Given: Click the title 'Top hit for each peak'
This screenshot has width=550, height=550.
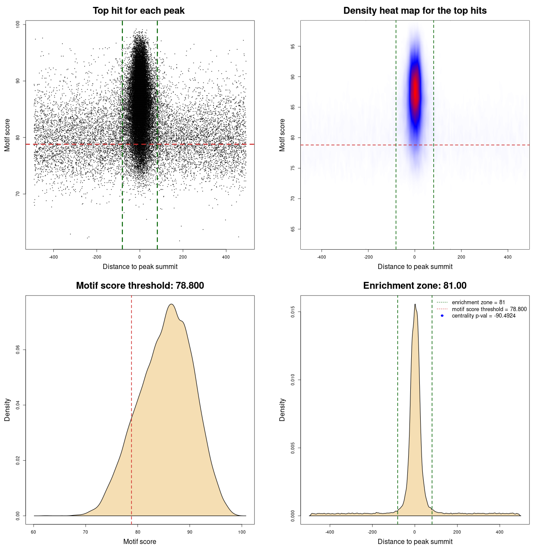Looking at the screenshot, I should click(x=138, y=11).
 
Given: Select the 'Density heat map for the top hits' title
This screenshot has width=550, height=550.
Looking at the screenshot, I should click(x=415, y=11).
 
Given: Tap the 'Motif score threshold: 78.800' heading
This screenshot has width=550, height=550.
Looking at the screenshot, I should click(x=140, y=286).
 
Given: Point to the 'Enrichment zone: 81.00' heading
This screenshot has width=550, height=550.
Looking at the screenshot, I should click(x=415, y=286).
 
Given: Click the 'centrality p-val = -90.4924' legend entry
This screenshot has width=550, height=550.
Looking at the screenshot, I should click(x=483, y=316).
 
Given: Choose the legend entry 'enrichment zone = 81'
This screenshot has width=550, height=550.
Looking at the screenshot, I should click(x=478, y=302).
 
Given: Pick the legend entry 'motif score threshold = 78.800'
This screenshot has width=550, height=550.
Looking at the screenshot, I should click(x=489, y=309).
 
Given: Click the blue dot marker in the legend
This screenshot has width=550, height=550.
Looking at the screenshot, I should click(x=442, y=316).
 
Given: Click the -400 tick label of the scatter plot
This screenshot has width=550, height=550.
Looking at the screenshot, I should click(x=53, y=257).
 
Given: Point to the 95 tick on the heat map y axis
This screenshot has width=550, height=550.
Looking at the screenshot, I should click(x=293, y=46).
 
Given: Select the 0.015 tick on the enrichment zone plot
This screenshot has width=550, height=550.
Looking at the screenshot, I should click(x=293, y=312).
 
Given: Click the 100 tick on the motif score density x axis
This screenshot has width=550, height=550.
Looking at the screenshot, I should click(x=242, y=532).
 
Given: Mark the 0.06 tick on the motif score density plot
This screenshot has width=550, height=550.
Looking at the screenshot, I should click(x=18, y=350).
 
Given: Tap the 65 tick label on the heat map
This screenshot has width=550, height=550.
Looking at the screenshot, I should click(x=293, y=229).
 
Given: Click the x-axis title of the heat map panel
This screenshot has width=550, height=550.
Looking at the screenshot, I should click(x=415, y=267).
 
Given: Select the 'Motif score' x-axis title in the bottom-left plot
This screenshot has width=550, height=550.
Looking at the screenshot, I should click(x=140, y=542).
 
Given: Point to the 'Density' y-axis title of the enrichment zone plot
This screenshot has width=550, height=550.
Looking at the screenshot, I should click(x=282, y=409).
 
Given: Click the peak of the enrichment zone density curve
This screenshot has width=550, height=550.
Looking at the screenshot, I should click(x=415, y=305).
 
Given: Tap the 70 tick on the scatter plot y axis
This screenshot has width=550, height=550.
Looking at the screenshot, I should click(x=18, y=194).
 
